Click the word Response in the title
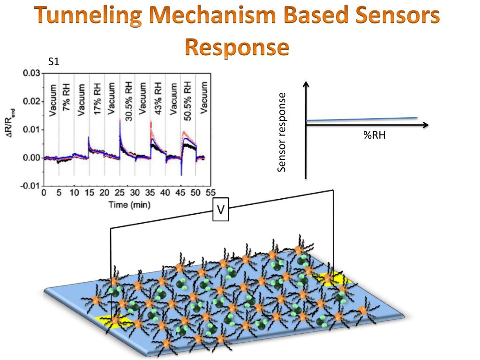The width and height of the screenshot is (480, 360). (x=236, y=47)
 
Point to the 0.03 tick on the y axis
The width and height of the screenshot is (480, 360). (x=32, y=74)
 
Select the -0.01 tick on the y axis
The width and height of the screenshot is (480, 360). (x=31, y=186)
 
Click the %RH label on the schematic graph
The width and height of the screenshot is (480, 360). (x=374, y=136)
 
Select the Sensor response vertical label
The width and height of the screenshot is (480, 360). (x=281, y=132)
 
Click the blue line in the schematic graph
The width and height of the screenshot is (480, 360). (x=361, y=120)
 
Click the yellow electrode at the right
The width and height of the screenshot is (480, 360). (x=334, y=279)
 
